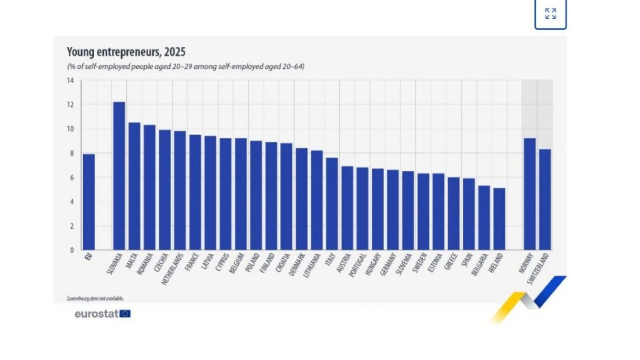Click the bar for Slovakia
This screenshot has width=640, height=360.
tap(119, 176)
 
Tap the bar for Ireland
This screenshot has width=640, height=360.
tap(499, 219)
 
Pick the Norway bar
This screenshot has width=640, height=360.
tap(529, 194)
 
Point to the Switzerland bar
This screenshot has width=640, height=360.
tap(544, 199)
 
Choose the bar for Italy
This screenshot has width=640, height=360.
tap(332, 204)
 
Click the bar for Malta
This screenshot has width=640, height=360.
tap(134, 186)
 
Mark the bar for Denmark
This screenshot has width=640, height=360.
tap(301, 199)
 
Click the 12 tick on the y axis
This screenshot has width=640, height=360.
tap(70, 105)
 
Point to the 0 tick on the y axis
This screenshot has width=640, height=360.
tap(72, 250)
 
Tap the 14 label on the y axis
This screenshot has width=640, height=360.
tap(70, 81)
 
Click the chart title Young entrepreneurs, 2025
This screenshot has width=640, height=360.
tap(126, 52)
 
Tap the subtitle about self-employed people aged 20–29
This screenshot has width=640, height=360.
tap(186, 66)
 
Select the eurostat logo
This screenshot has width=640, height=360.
tap(102, 314)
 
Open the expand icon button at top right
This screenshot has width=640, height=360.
tap(550, 14)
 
